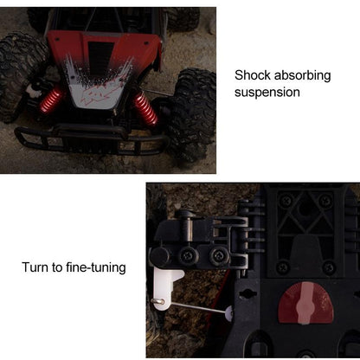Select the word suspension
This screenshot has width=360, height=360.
(267, 93)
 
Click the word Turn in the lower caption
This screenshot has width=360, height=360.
(36, 267)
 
